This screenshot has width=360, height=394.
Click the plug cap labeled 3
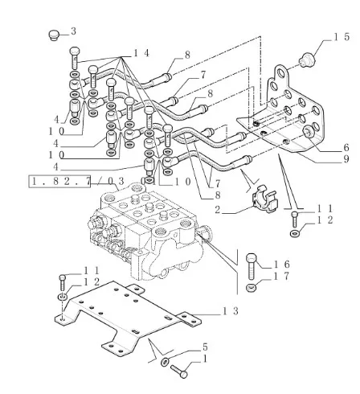coord(53,35)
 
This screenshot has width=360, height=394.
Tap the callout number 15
coord(342,37)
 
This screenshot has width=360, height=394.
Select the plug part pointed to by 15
coord(307,60)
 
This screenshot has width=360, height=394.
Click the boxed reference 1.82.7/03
coord(78,182)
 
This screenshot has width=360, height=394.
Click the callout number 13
coord(231,311)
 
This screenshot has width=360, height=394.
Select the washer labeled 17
coord(251,289)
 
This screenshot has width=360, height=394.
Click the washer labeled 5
coord(165,362)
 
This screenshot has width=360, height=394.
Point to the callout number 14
coord(141,53)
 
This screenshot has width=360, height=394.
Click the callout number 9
coord(346,159)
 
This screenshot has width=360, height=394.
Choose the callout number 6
coord(346,148)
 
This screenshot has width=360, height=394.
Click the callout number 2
coord(217,210)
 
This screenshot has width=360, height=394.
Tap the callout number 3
coord(73,31)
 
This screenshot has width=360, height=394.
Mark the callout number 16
coord(281,265)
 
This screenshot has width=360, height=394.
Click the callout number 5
coord(205,347)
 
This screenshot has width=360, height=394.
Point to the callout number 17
coord(281,276)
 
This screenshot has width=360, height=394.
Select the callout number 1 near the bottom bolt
coord(205,359)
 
